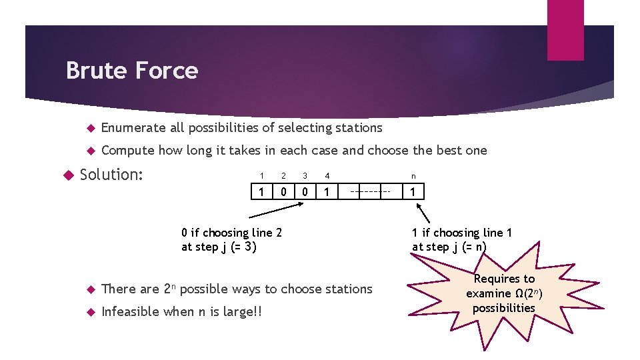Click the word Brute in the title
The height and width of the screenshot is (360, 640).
coord(94,71)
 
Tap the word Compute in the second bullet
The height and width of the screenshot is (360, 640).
coord(127,150)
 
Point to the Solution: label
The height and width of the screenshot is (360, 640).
coord(111,175)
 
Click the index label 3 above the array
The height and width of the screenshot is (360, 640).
coord(305,176)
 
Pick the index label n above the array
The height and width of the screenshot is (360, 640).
coord(413,177)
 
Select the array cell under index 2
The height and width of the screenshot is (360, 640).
coord(283,193)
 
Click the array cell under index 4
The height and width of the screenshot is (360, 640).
coord(327,193)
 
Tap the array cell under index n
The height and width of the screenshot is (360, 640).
coord(413,193)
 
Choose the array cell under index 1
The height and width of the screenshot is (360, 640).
coord(261,193)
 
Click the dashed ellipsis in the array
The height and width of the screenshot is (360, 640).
coord(370,193)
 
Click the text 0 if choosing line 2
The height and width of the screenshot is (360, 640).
coord(231,233)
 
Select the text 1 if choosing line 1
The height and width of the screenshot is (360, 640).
coord(461,233)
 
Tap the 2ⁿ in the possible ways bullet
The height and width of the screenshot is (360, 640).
coord(170,289)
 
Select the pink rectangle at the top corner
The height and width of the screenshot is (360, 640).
coord(565,29)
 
